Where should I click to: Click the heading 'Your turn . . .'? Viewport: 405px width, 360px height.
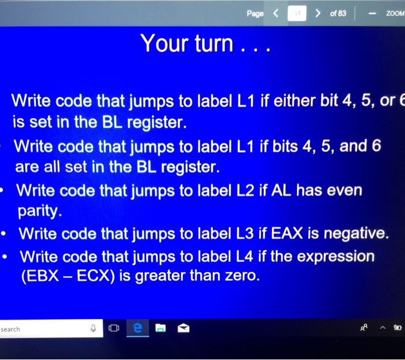pyautogui.click(x=204, y=44)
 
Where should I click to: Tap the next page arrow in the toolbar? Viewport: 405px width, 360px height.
pyautogui.click(x=318, y=13)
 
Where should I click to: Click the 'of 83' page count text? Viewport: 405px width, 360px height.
pyautogui.click(x=338, y=13)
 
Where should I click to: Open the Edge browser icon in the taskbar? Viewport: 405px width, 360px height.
pyautogui.click(x=137, y=329)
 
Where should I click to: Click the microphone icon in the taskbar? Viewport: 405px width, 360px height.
pyautogui.click(x=93, y=329)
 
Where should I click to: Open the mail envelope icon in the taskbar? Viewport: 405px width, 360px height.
pyautogui.click(x=183, y=329)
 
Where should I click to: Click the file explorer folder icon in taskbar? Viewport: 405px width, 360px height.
pyautogui.click(x=160, y=329)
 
